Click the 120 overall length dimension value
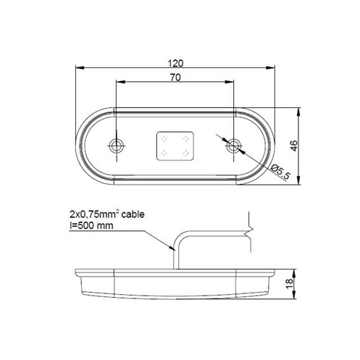pos(175,63)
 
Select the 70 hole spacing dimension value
pos(175,78)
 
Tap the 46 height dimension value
pos(294,146)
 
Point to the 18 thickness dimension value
pos(289,283)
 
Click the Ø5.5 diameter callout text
pos(280,172)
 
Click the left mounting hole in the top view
pos(117,146)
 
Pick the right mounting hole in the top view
pos(233,146)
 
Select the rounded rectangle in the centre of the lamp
pos(175,146)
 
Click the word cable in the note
pos(133,214)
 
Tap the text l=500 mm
pos(91,226)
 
